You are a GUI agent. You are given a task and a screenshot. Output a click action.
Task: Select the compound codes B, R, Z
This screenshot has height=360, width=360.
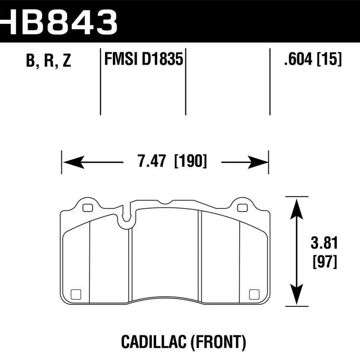[x=48, y=62]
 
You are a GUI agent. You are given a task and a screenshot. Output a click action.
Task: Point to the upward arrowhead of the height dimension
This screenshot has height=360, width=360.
[x=297, y=206]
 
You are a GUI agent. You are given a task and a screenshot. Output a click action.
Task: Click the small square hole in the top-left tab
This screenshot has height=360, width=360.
[x=87, y=208]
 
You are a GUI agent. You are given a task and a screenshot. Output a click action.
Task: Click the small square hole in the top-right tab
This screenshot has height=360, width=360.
[x=241, y=208]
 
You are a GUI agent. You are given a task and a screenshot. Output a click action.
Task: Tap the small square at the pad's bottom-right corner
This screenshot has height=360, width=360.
[x=254, y=294]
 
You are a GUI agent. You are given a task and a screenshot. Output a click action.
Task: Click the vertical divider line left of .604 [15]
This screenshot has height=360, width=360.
[x=270, y=82]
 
